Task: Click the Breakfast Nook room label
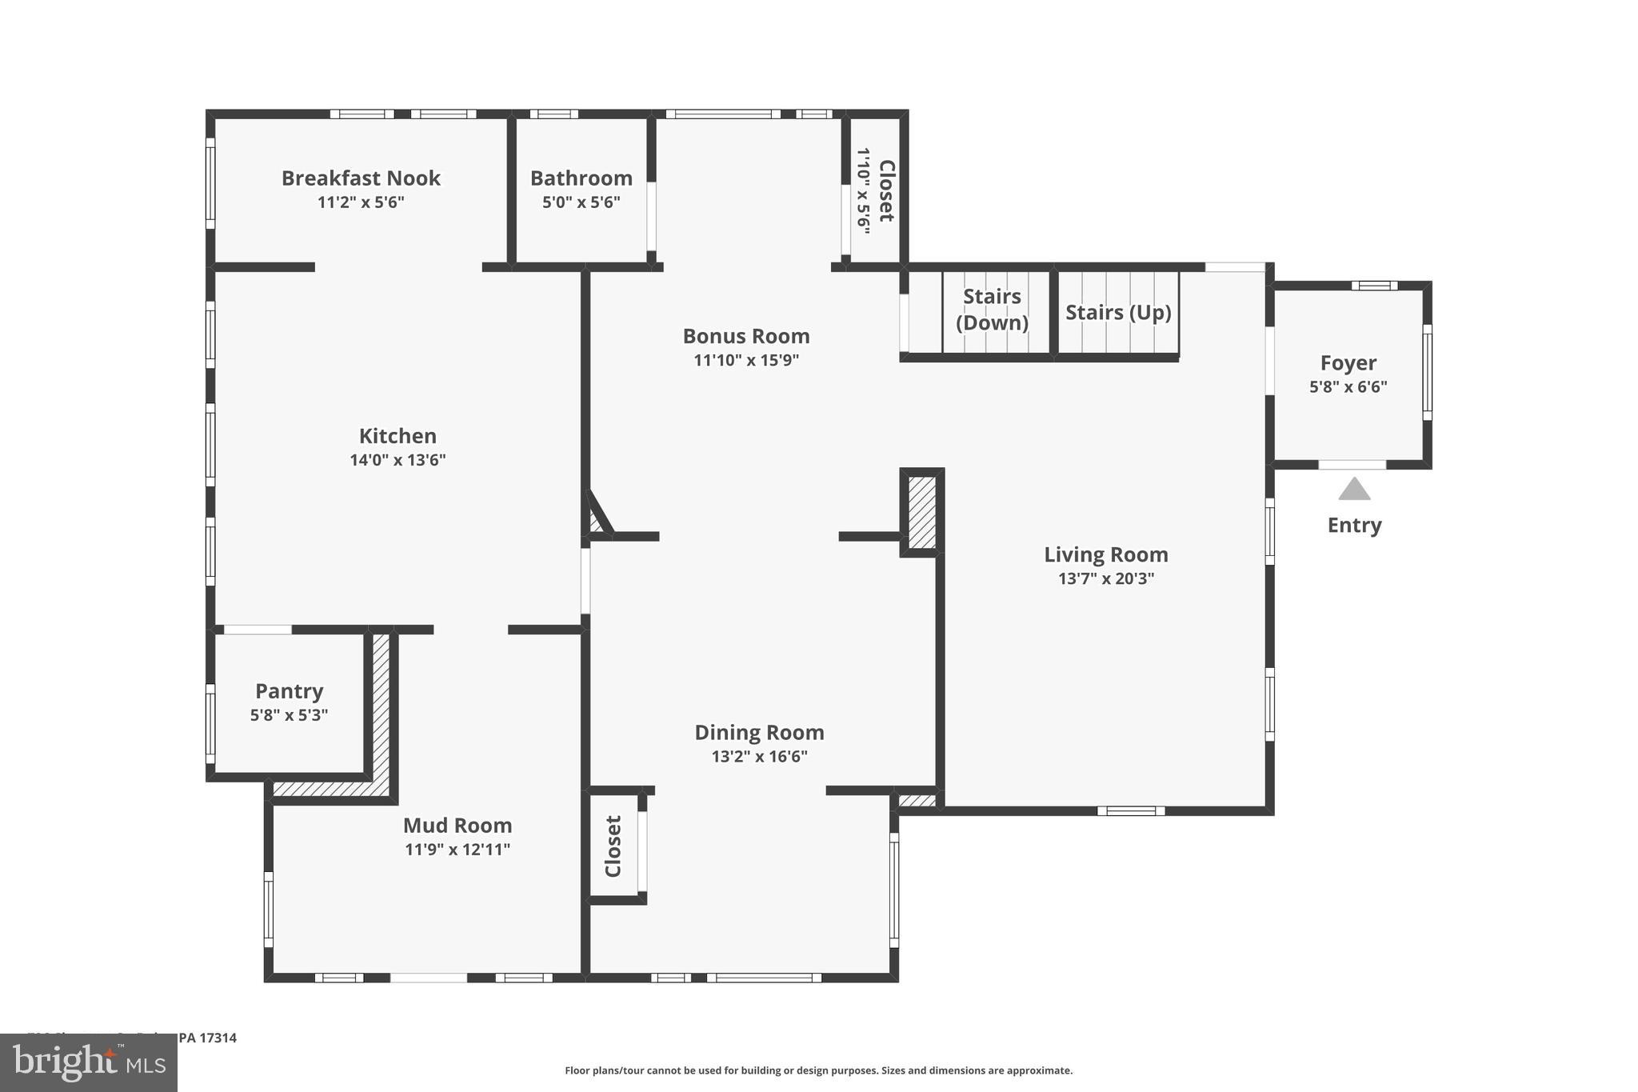[x=361, y=178]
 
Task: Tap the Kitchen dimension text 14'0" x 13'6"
[x=398, y=460]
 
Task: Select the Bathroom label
[x=581, y=178]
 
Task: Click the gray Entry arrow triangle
[x=1354, y=490]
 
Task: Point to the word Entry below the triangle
[x=1354, y=525]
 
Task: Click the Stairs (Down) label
[x=992, y=309]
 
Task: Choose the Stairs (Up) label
[x=1118, y=312]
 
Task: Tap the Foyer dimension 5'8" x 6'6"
[x=1348, y=387]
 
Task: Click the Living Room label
[x=1106, y=554]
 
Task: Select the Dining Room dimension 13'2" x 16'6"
[x=759, y=757]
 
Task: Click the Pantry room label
[x=289, y=690]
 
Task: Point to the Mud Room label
[x=457, y=825]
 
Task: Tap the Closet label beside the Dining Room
[x=613, y=846]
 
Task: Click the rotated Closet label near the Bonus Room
[x=886, y=190]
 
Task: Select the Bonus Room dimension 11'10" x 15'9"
[x=746, y=360]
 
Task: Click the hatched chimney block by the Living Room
[x=922, y=512]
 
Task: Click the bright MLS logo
[x=89, y=1062]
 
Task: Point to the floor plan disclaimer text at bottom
[x=818, y=1070]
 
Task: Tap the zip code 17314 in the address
[x=218, y=1038]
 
